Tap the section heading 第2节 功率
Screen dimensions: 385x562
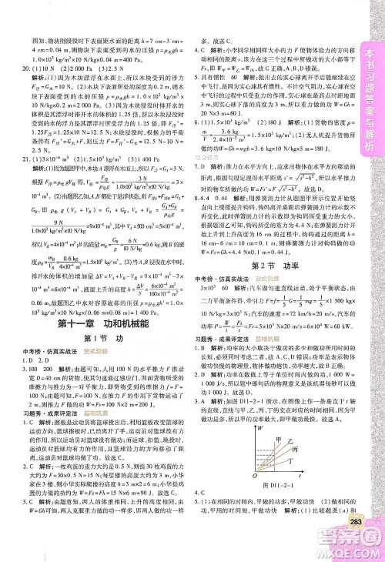270,264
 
